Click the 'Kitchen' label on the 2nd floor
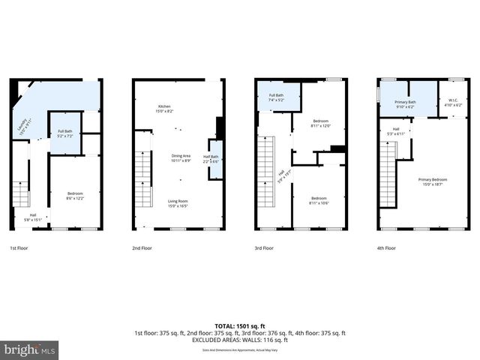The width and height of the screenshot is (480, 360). coord(164,108)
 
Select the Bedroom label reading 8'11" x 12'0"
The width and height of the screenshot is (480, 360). coord(319,123)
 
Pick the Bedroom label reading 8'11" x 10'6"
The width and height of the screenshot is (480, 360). coord(319,200)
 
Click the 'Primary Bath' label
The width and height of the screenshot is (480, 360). coord(405,103)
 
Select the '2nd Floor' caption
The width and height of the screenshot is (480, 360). coord(142,247)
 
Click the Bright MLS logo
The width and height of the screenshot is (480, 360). coord(30,349)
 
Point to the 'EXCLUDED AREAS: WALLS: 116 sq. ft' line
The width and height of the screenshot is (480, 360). coord(239,340)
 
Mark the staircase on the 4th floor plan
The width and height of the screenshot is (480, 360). coord(388,184)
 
